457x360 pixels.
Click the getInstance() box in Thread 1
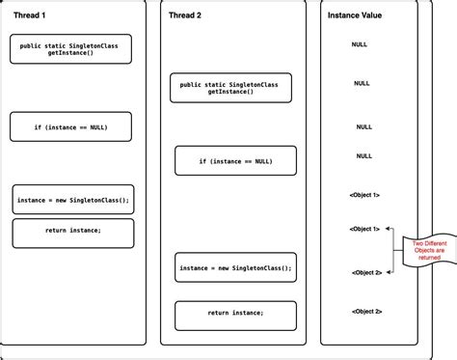coord(70,49)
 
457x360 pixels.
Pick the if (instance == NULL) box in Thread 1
coord(71,126)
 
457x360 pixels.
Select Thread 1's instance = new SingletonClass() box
coord(72,200)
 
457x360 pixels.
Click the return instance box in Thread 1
coord(72,232)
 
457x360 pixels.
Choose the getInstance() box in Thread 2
coord(229,89)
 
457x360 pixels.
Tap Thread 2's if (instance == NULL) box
coord(234,160)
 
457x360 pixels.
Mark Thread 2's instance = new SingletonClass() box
coord(234,267)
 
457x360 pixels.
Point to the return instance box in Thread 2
coord(234,315)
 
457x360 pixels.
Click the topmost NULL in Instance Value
coord(360,44)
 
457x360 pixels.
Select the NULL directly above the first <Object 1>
coord(363,155)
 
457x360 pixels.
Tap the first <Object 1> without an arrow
coord(364,195)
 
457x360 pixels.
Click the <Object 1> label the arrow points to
coord(364,229)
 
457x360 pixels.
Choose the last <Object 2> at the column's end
coord(366,311)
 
